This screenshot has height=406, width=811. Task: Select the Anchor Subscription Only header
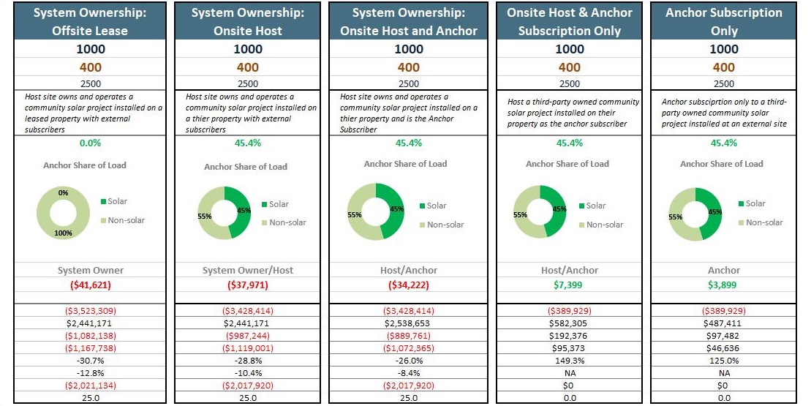click(x=724, y=22)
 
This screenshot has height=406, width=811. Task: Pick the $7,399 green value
click(x=570, y=285)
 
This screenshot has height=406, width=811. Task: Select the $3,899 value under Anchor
click(x=724, y=285)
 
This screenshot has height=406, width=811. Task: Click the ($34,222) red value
click(x=409, y=285)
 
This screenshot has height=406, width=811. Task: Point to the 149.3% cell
click(x=570, y=361)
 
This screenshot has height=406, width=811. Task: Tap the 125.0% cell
click(x=724, y=361)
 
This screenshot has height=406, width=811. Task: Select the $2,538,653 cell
click(x=409, y=323)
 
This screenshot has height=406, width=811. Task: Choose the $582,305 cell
click(x=570, y=323)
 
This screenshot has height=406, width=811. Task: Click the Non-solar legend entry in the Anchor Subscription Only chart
click(x=764, y=222)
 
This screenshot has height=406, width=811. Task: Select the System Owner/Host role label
click(x=248, y=270)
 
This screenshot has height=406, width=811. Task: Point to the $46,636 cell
click(x=724, y=348)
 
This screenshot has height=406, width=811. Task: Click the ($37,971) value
click(x=248, y=285)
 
